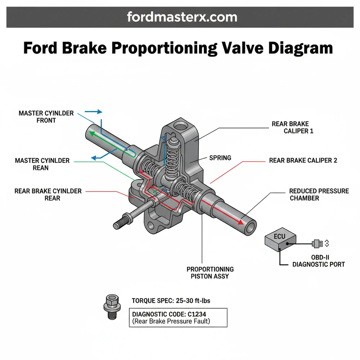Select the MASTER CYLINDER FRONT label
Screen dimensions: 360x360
click(46, 117)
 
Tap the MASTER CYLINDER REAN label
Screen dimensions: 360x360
click(42, 164)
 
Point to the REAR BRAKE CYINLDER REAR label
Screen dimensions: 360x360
click(48, 194)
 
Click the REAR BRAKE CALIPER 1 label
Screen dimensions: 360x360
click(292, 127)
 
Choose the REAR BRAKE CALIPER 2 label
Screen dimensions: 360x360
click(303, 161)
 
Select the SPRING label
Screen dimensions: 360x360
click(220, 158)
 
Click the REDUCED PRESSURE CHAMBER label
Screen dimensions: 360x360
click(319, 194)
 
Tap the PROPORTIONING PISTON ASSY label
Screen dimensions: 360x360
click(210, 273)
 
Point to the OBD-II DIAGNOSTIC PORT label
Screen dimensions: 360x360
click(319, 261)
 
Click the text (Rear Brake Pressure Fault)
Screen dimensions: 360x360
click(171, 321)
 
